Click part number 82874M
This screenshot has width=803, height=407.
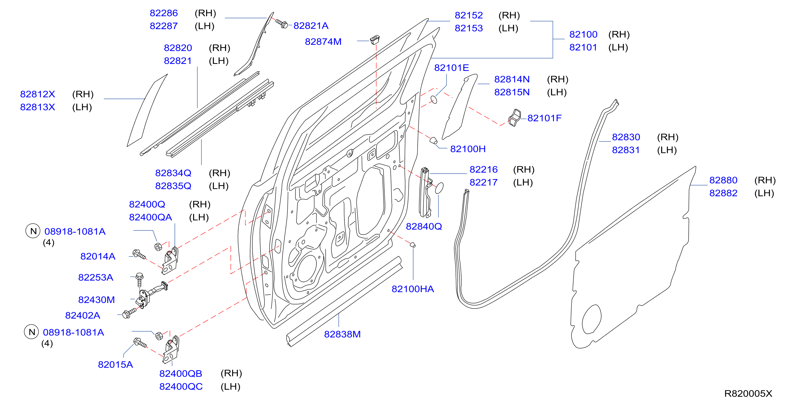pos(323,41)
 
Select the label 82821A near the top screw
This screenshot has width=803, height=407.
pos(311,26)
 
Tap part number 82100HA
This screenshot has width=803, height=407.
pos(413,289)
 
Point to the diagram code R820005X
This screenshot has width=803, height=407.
pos(748,394)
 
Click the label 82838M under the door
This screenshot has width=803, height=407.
pos(342,334)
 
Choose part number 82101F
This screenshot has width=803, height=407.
pos(544,118)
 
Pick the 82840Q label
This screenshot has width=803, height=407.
pos(424,227)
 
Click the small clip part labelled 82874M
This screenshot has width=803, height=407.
pos(375,40)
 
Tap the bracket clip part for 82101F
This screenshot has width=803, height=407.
pos(514,118)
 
